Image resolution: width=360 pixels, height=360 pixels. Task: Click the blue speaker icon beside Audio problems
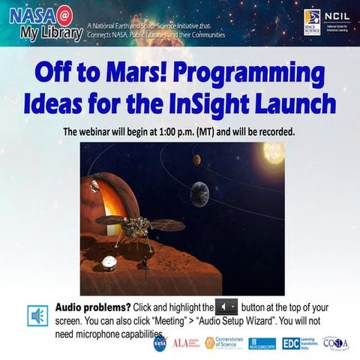(37, 316)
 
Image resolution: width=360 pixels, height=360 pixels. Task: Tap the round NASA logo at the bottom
(160, 343)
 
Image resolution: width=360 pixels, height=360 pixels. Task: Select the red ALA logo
(184, 343)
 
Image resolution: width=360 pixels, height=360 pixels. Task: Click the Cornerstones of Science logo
(224, 343)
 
